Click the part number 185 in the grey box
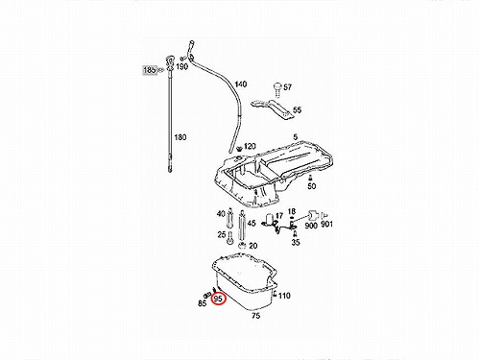click(x=150, y=70)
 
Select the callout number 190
click(x=181, y=66)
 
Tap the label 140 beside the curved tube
click(x=241, y=84)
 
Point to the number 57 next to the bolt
click(x=287, y=87)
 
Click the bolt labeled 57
click(x=277, y=89)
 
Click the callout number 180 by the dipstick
click(x=180, y=137)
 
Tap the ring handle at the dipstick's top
click(x=170, y=61)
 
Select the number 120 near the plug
click(x=250, y=146)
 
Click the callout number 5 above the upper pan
click(x=295, y=136)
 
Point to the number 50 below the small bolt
click(x=311, y=186)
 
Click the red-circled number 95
click(x=218, y=299)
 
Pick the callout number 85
click(x=203, y=302)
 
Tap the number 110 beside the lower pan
click(x=284, y=296)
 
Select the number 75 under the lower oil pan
click(x=255, y=316)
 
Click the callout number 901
click(x=326, y=225)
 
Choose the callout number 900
click(x=311, y=226)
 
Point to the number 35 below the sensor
click(x=296, y=242)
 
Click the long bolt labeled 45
click(x=242, y=226)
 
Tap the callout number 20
click(x=252, y=246)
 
